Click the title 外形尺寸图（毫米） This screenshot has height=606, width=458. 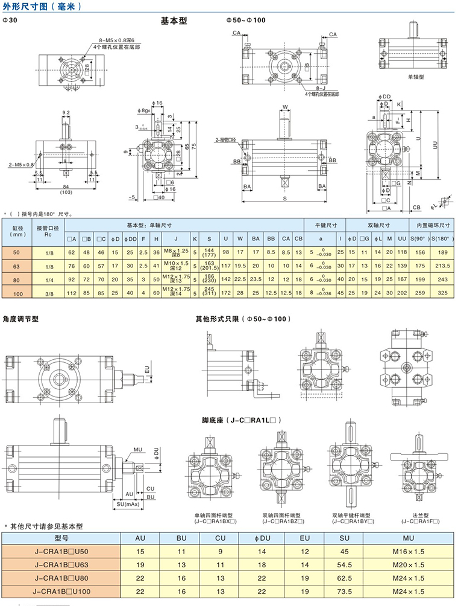click(x=42, y=6)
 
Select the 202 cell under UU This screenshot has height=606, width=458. click(x=401, y=293)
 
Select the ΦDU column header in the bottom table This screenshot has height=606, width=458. click(x=261, y=538)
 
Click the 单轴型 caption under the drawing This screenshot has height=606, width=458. click(x=416, y=77)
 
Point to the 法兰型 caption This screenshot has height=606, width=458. click(x=421, y=515)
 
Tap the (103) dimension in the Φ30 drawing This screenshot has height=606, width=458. click(x=66, y=192)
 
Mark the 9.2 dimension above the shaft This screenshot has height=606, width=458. click(x=66, y=112)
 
